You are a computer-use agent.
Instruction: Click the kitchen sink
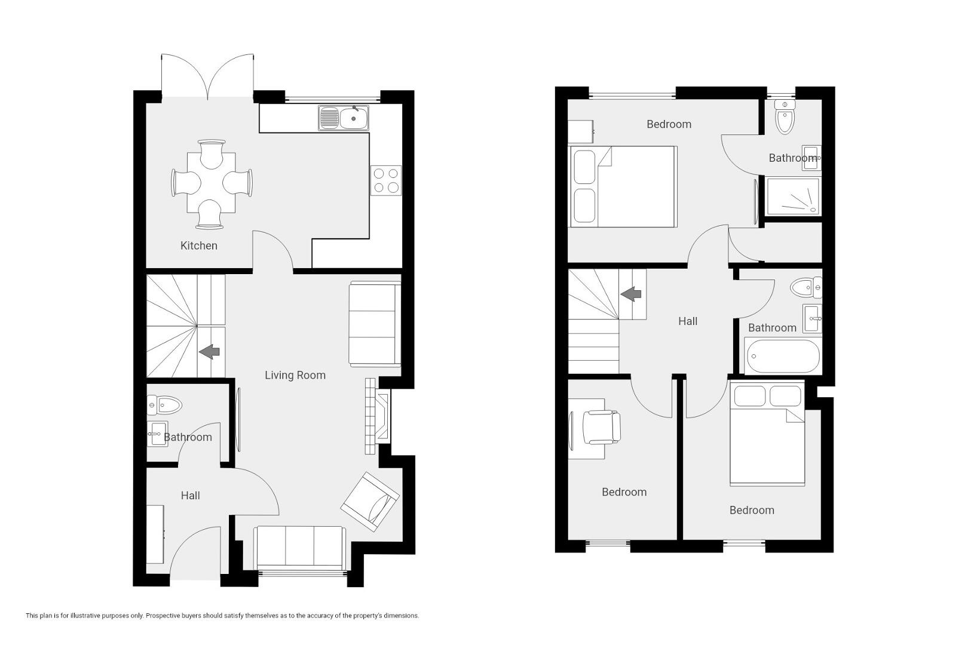344,118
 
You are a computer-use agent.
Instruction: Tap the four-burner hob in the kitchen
386,180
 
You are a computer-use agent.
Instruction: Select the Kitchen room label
199,246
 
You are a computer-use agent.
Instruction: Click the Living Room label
295,375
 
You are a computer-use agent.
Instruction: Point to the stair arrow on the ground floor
209,352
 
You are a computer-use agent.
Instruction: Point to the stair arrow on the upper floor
631,294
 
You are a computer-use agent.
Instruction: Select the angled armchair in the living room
370,501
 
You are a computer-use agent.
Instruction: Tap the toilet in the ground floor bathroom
164,406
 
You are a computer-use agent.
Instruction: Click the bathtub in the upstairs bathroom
783,357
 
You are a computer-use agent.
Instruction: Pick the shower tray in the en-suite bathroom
793,196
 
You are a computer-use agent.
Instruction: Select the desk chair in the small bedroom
602,427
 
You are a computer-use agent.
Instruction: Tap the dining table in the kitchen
212,183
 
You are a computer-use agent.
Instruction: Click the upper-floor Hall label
688,321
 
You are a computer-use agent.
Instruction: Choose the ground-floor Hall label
190,496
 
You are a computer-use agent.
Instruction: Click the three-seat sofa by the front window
300,546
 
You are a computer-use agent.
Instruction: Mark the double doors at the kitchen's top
207,77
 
